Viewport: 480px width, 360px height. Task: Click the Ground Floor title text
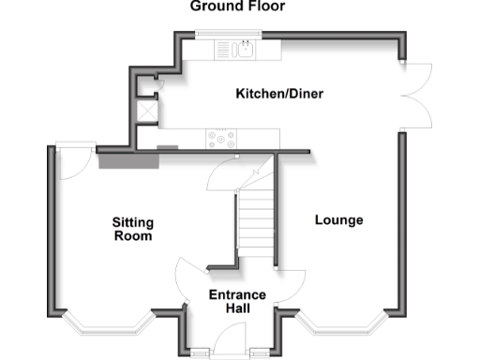click(237, 7)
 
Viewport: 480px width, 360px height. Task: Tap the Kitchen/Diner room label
click(272, 94)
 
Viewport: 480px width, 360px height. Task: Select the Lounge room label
click(338, 220)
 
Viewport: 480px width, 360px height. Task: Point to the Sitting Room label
click(132, 229)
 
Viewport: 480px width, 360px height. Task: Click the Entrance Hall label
click(237, 301)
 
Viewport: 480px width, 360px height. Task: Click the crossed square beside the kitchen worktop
click(147, 110)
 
